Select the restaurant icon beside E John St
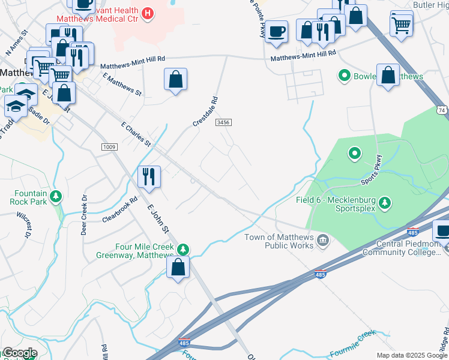click(149, 176)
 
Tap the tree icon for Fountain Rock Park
click(56, 196)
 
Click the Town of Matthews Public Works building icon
click(323, 241)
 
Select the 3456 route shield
click(223, 122)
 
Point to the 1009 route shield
click(109, 146)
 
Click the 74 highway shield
click(442, 110)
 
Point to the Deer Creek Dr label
click(85, 214)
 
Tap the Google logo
click(19, 353)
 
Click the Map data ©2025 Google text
click(412, 355)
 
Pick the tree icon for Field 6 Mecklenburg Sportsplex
click(384, 203)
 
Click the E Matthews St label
click(122, 85)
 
